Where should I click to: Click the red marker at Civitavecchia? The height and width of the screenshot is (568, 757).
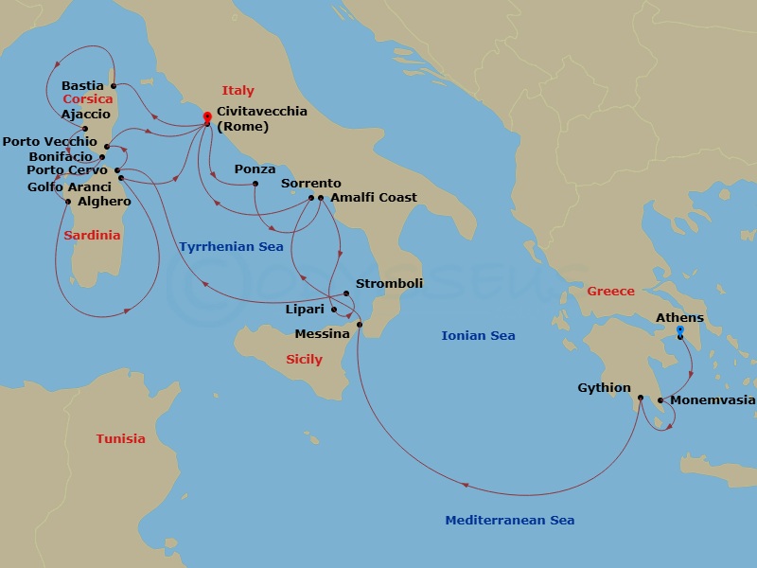207,117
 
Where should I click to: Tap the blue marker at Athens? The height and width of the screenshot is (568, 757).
679,331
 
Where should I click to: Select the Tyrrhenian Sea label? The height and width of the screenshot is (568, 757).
231,247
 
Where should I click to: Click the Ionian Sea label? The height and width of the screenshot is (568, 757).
478,335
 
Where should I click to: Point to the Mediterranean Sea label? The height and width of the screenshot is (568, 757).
509,520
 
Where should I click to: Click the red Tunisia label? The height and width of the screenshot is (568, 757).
120,438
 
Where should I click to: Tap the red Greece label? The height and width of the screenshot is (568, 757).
610,291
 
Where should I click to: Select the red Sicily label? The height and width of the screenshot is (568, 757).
304,359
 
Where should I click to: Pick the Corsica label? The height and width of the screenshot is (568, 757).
88,98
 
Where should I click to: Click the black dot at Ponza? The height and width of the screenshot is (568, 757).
255,184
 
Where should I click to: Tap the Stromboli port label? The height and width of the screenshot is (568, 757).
389,283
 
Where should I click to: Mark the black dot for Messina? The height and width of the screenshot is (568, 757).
360,326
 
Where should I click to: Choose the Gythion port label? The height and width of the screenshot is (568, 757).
604,387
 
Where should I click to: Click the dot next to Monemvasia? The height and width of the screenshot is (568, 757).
660,400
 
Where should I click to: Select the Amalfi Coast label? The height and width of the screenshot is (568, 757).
374,198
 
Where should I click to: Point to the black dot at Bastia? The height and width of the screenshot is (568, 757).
114,86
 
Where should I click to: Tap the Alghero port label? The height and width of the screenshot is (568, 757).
104,202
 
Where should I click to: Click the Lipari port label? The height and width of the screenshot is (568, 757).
305,309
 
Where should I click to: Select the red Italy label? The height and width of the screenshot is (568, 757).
238,91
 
